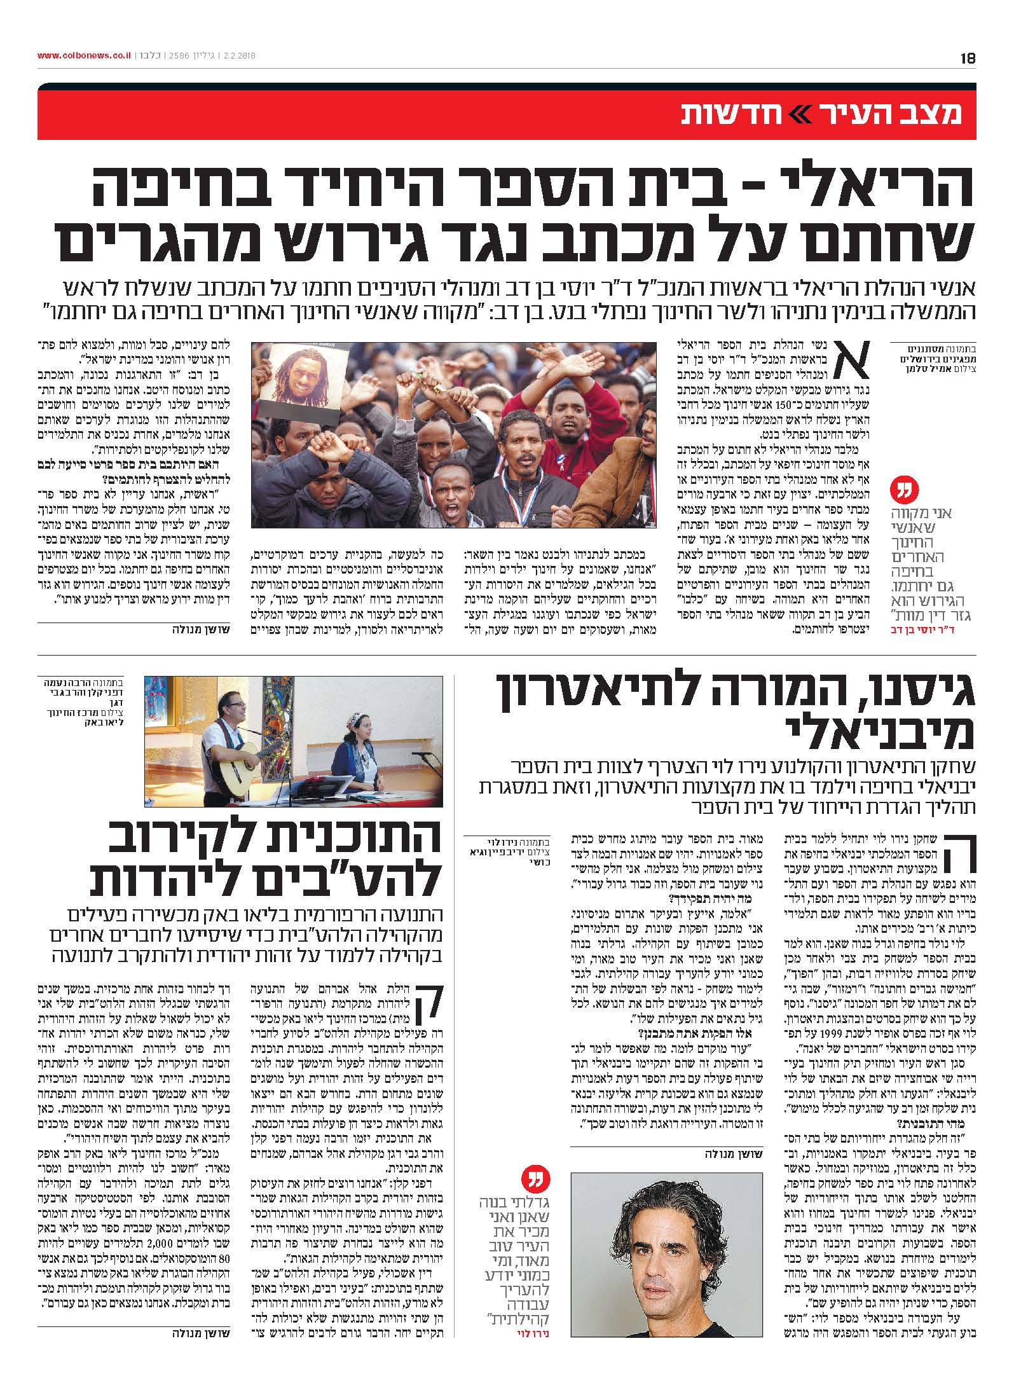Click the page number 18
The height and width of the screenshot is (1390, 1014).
(x=968, y=57)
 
